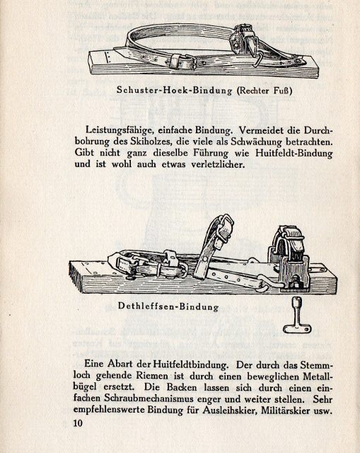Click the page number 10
(78, 423)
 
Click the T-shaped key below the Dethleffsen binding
(296, 316)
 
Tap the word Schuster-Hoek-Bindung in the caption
(175, 91)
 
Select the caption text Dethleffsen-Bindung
(168, 306)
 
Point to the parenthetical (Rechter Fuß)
(265, 91)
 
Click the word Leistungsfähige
(118, 130)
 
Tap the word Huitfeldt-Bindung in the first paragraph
(294, 153)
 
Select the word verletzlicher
(218, 164)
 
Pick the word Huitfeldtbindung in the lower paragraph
(190, 365)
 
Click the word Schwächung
(258, 142)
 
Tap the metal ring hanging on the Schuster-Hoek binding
(259, 62)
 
